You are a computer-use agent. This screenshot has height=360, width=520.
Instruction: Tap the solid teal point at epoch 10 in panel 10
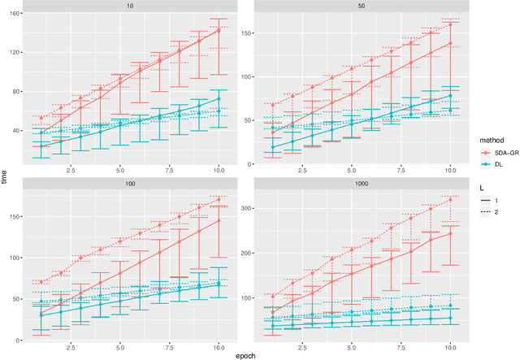coord(218,99)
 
